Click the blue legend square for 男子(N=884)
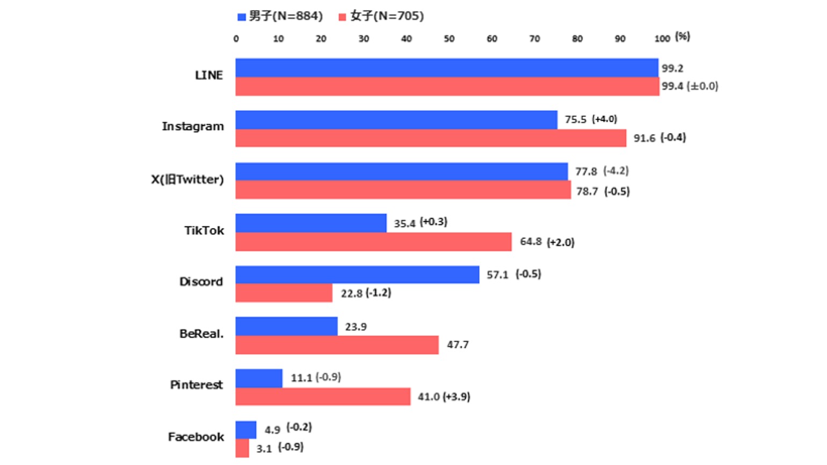coord(242,17)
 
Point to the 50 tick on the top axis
coord(449,39)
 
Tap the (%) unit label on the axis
coord(682,37)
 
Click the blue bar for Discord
coord(357,274)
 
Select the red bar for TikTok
coord(373,242)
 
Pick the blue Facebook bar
coord(246,430)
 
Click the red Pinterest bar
coord(323,397)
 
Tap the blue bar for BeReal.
coord(286,326)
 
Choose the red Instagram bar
coord(431,138)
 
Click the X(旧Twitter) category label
coord(187,179)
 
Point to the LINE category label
coord(208,75)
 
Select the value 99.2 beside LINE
coord(672,68)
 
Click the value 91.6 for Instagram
coord(644,138)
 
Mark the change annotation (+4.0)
coord(604,119)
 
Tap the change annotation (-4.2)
coord(615,171)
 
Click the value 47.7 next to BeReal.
coord(458,345)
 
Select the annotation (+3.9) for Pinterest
coord(456,397)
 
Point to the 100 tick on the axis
coord(662,39)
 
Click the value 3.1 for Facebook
coord(264,448)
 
